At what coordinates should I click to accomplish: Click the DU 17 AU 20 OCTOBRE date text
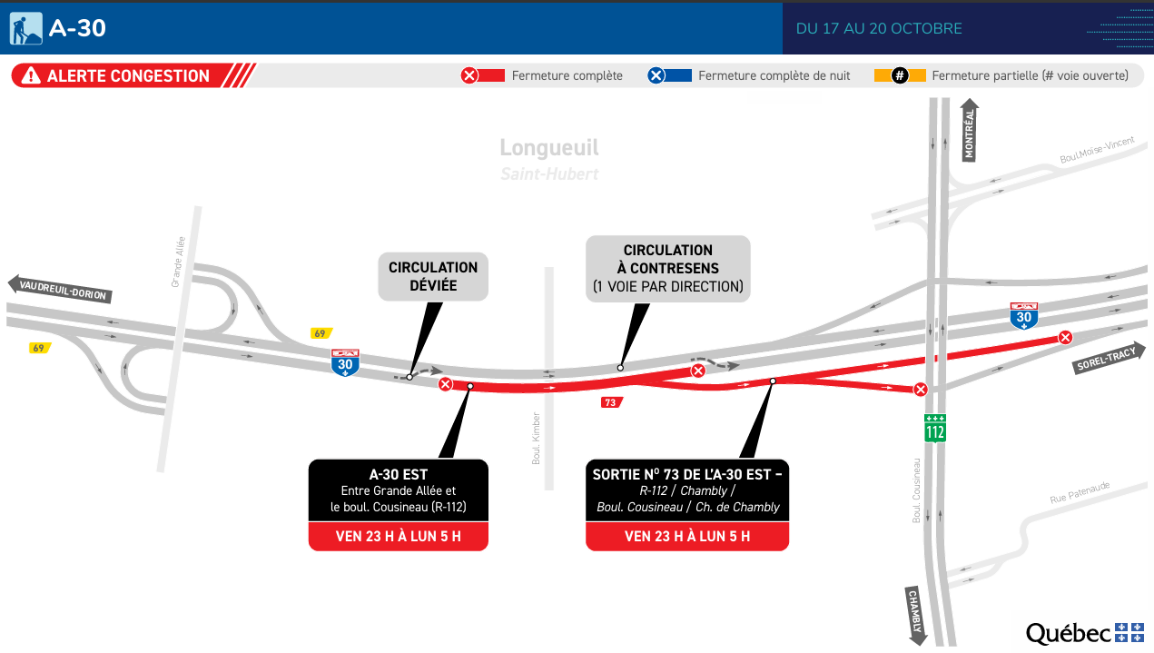click(878, 28)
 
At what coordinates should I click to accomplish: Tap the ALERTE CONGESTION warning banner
click(127, 76)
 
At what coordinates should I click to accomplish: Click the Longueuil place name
click(549, 148)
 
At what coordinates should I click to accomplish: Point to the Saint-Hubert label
click(549, 173)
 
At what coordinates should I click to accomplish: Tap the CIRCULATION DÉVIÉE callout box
click(433, 277)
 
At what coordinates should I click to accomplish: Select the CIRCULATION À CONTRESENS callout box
click(668, 269)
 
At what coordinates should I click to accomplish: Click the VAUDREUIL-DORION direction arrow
click(62, 290)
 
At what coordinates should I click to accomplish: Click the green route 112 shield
click(935, 428)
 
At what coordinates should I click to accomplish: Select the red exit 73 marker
click(611, 402)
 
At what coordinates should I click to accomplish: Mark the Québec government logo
click(1084, 633)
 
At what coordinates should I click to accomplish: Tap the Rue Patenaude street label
click(1080, 493)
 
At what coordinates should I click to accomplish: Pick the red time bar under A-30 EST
click(399, 536)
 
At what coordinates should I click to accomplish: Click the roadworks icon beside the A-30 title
click(26, 28)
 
